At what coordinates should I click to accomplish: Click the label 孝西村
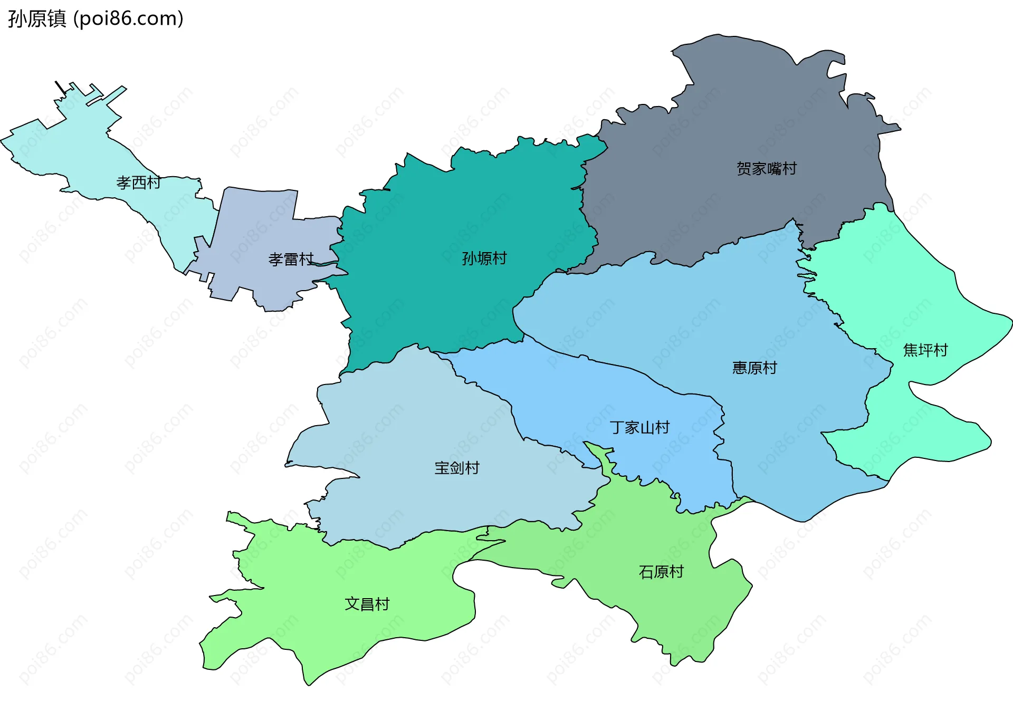click(x=138, y=183)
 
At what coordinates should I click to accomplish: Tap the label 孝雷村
click(x=291, y=260)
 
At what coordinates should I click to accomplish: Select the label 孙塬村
click(x=484, y=258)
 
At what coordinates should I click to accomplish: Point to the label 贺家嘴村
click(x=766, y=169)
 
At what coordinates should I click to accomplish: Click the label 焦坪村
click(x=925, y=350)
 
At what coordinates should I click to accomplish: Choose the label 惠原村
click(x=754, y=368)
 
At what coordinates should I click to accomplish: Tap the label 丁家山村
click(x=639, y=427)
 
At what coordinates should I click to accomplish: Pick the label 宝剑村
click(x=456, y=468)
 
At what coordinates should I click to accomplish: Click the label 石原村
click(x=661, y=572)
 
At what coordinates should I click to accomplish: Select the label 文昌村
click(x=367, y=604)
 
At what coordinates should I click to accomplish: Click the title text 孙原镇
click(x=37, y=19)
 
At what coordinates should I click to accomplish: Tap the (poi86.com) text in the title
click(x=128, y=19)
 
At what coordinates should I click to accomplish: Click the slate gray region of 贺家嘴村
click(x=739, y=105)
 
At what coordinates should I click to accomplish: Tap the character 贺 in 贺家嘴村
click(x=743, y=169)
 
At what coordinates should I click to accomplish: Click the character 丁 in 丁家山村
click(x=617, y=427)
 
